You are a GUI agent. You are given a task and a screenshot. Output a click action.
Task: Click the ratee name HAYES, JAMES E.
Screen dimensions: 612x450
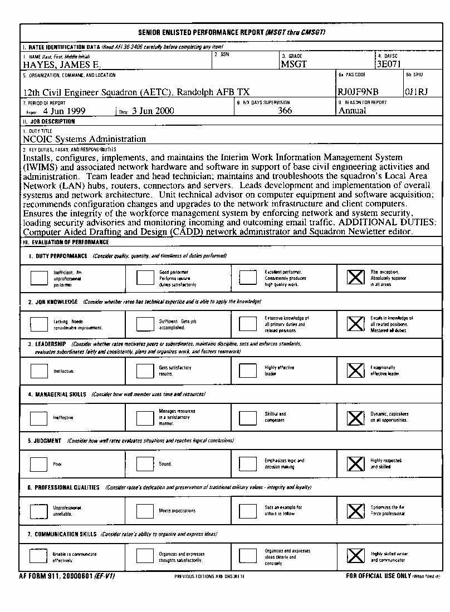[x=61, y=65]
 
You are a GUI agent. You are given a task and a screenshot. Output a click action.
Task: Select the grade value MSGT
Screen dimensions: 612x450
[x=294, y=65]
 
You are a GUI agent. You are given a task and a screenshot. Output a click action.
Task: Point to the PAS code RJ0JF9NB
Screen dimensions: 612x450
[x=358, y=92]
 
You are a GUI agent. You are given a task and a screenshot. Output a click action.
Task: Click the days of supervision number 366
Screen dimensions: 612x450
[x=285, y=111]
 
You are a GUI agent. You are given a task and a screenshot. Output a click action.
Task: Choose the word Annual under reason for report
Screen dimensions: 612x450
[x=353, y=111]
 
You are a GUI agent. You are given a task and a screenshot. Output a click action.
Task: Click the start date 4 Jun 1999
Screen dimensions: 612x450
[x=64, y=111]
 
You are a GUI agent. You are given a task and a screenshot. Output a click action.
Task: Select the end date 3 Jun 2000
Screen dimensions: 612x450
[x=153, y=111]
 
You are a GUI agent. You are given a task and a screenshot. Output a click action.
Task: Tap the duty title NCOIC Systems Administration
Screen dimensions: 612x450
[x=85, y=139]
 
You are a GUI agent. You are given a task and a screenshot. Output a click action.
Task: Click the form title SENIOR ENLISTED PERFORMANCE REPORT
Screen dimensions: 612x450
[x=201, y=32]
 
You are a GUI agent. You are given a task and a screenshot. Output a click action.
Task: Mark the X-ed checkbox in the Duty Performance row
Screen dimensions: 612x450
[x=356, y=277]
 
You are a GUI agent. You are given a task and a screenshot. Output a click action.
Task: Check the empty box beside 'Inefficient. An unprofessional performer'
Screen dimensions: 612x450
[x=39, y=277]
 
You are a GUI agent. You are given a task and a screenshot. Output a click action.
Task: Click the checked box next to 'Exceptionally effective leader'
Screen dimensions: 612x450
[x=356, y=371]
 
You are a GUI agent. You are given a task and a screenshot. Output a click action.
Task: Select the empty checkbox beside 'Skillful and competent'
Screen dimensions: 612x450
[x=248, y=417]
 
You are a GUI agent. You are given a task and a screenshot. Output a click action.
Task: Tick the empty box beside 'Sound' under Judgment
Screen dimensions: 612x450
[x=145, y=463]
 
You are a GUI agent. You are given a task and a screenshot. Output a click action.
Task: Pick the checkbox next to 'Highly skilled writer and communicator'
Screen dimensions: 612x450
[x=356, y=556]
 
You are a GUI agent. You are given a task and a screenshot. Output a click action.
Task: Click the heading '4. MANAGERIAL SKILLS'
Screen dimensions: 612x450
[x=57, y=394]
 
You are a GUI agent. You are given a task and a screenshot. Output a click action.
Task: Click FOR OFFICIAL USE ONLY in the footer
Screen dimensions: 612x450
[x=378, y=576]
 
